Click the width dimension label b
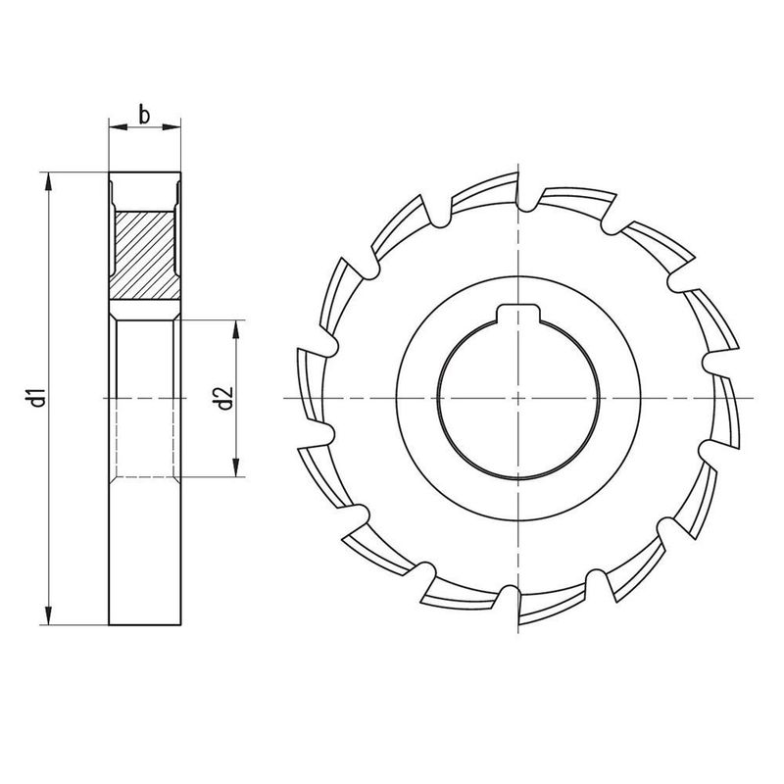144,115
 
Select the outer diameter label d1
34,398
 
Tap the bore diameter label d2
223,398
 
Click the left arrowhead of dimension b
113,125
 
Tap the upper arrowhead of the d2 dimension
236,326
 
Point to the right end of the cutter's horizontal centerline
753,398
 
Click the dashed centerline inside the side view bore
144,398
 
